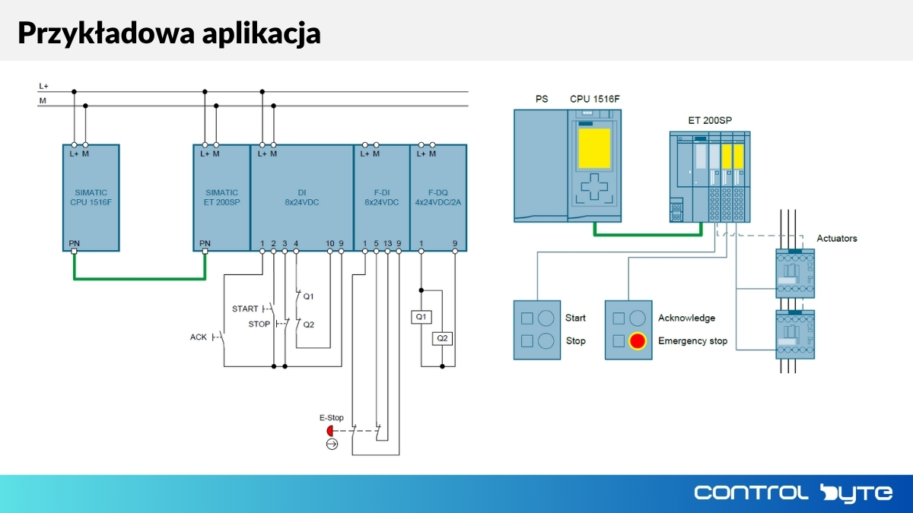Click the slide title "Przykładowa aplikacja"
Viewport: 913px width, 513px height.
click(x=169, y=33)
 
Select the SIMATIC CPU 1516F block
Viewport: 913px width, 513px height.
click(x=91, y=198)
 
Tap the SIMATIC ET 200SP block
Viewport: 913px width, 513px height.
click(x=221, y=198)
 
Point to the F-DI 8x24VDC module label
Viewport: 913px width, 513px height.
click(x=381, y=198)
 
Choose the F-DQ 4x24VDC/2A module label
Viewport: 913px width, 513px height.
click(x=437, y=198)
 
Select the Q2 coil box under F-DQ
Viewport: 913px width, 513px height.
click(x=442, y=338)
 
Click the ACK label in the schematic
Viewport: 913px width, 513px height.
click(x=199, y=337)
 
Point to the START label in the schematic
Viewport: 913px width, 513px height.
click(x=245, y=309)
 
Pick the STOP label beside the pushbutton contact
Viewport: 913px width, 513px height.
click(x=259, y=324)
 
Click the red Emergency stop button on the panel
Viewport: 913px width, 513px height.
click(x=637, y=341)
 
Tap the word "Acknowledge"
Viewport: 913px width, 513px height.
click(x=686, y=318)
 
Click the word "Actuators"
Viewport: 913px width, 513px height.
click(x=836, y=239)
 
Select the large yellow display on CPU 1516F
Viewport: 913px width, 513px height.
click(x=594, y=149)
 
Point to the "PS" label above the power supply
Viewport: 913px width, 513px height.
click(x=541, y=99)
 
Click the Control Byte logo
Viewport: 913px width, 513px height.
click(x=793, y=492)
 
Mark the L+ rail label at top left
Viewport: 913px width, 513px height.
click(x=44, y=87)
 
